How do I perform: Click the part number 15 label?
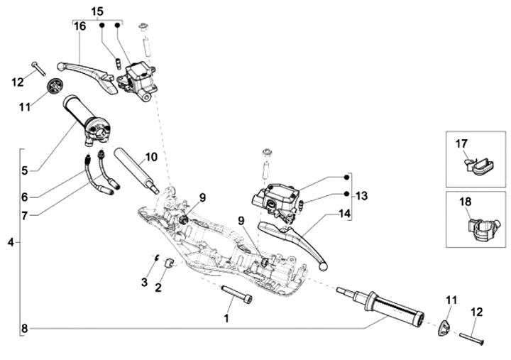point(98,11)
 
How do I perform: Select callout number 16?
point(79,26)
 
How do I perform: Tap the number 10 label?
point(150,157)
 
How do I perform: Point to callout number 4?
point(11,243)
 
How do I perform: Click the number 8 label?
point(25,329)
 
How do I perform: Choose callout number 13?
point(362,195)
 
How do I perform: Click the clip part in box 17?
point(475,168)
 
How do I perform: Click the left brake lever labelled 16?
point(89,75)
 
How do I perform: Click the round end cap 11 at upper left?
point(51,87)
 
